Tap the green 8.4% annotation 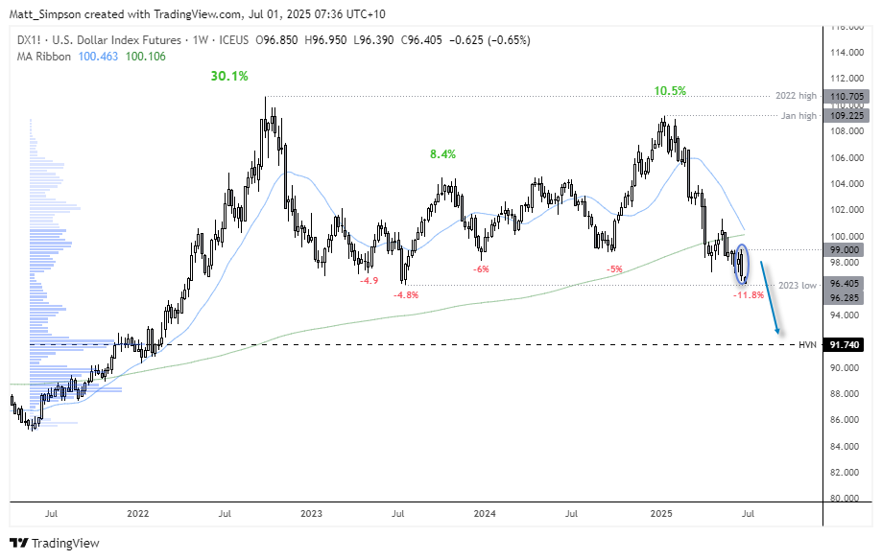(442, 153)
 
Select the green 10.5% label (671, 91)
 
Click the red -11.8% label (748, 295)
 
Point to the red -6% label (481, 269)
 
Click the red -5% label (613, 269)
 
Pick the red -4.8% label (406, 295)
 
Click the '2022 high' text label (797, 97)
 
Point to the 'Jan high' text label (799, 116)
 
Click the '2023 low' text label (798, 285)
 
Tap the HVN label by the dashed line (807, 344)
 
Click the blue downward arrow (770, 297)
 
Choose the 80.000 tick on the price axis (845, 499)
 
